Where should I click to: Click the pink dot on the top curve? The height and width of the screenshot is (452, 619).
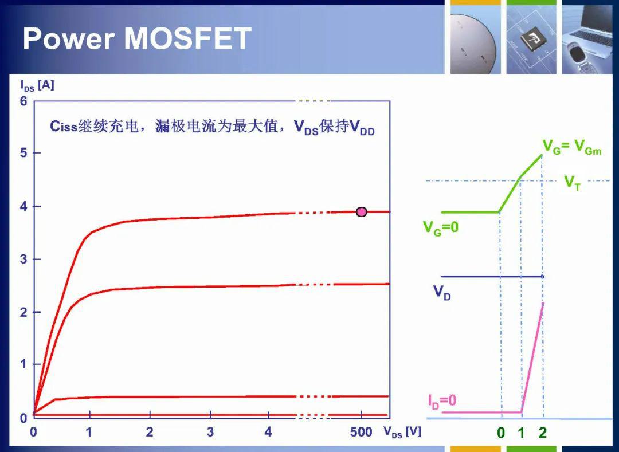[x=361, y=212]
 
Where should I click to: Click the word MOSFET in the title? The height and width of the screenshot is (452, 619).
[x=188, y=38]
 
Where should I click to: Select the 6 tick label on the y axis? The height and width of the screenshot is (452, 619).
[x=24, y=101]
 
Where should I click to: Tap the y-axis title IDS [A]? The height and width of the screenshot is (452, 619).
[x=37, y=85]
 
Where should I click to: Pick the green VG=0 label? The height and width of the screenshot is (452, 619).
[x=441, y=227]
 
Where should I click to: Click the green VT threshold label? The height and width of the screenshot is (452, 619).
[x=573, y=183]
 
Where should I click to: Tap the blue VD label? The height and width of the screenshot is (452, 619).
[x=442, y=292]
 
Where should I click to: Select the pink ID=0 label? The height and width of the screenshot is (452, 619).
[x=442, y=400]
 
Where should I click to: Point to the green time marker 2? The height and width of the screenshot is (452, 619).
[x=542, y=433]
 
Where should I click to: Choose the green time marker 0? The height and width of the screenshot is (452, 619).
[x=500, y=433]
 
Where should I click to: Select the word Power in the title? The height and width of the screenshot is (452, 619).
[x=69, y=38]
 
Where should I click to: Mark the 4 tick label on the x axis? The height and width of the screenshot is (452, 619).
[x=268, y=432]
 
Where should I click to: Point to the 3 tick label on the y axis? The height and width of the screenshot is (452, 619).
[x=24, y=259]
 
